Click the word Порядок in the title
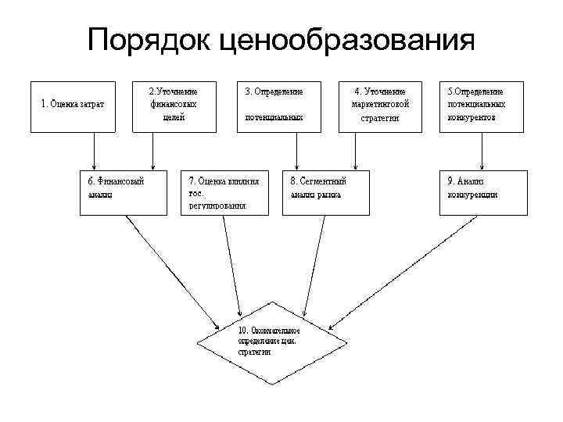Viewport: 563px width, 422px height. [x=148, y=39]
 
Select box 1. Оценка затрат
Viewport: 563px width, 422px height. [x=73, y=105]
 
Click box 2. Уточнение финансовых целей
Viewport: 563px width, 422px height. [x=173, y=105]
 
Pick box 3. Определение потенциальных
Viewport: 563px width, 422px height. [x=274, y=105]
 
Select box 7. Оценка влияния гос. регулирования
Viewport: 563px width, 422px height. [x=224, y=191]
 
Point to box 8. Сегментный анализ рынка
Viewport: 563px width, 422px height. [x=325, y=191]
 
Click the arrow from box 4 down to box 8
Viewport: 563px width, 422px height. [x=356, y=148]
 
